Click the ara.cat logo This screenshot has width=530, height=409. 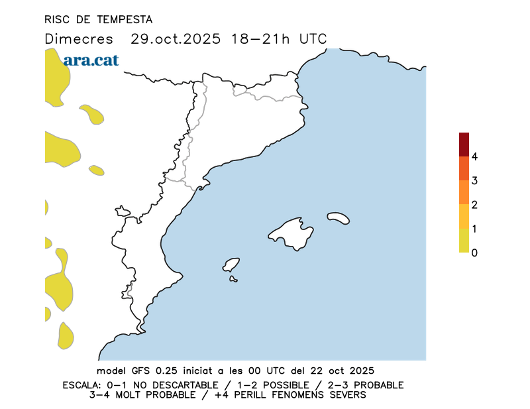click(x=91, y=60)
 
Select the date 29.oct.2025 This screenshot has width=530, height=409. click(x=175, y=38)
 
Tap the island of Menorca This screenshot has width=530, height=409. click(x=339, y=217)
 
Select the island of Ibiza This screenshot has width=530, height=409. click(x=231, y=265)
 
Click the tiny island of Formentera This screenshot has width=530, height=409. click(x=233, y=279)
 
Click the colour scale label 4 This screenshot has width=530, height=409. click(x=474, y=157)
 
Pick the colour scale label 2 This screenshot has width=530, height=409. click(x=474, y=205)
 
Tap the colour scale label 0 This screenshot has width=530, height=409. click(x=474, y=253)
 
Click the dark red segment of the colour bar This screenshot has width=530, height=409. click(x=464, y=145)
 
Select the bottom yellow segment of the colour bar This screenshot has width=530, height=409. click(x=464, y=241)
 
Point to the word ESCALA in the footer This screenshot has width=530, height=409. click(x=82, y=385)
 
